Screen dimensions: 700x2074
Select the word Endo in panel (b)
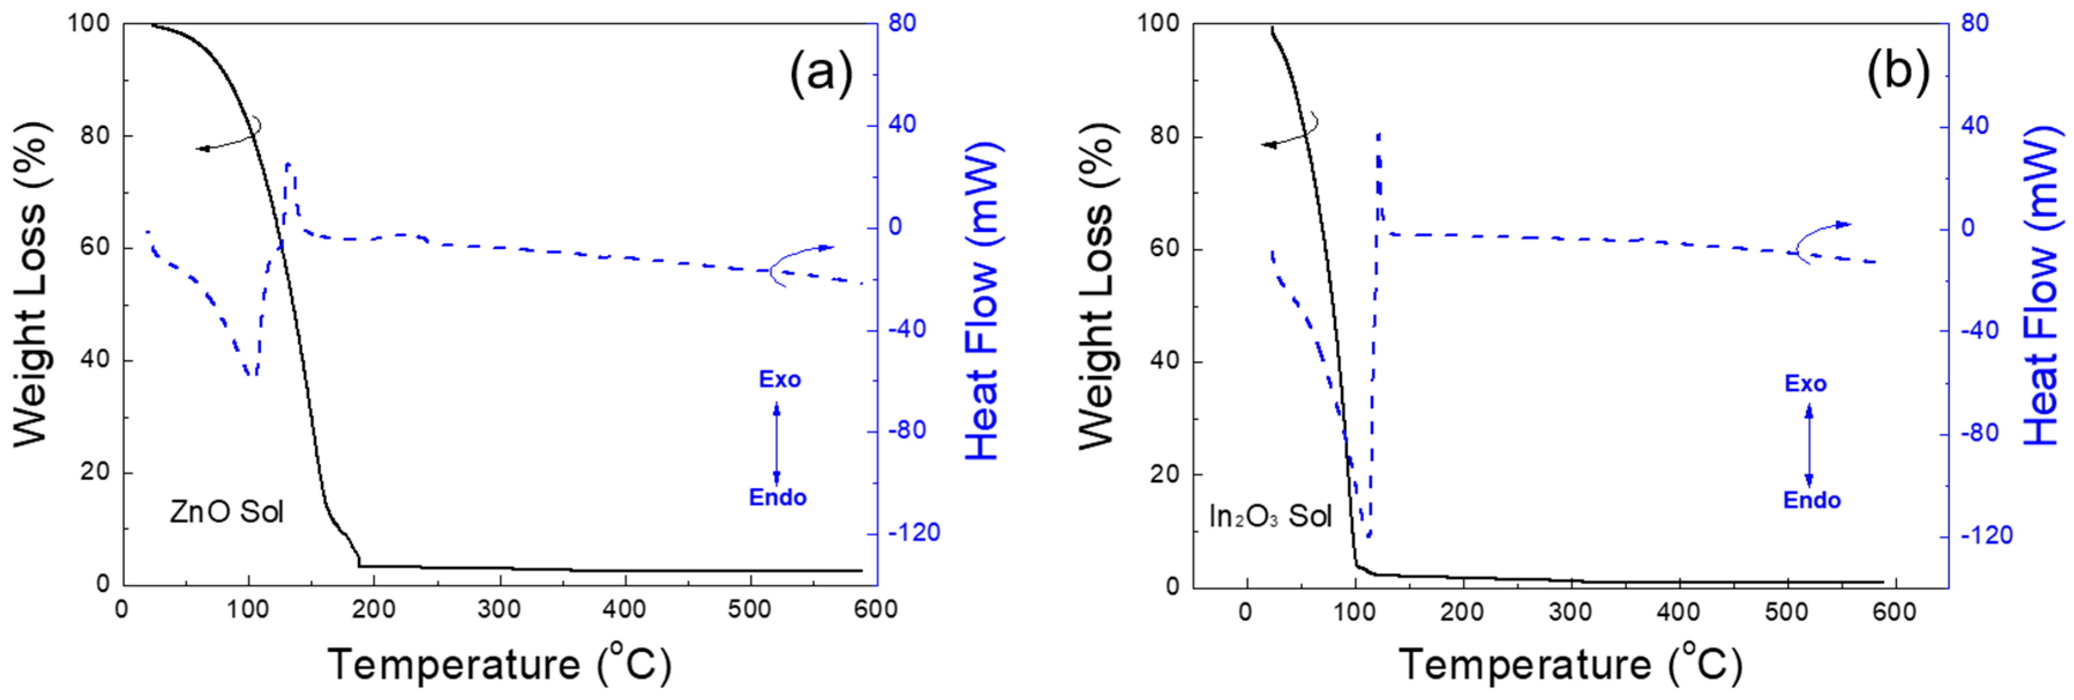1812,500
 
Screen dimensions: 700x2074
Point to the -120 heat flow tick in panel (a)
914,533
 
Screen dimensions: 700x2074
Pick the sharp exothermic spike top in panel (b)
1378,134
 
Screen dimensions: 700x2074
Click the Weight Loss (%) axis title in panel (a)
31,285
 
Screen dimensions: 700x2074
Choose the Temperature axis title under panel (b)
1570,665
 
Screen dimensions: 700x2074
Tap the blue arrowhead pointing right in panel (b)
1844,224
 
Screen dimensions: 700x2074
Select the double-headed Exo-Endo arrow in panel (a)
777,442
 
